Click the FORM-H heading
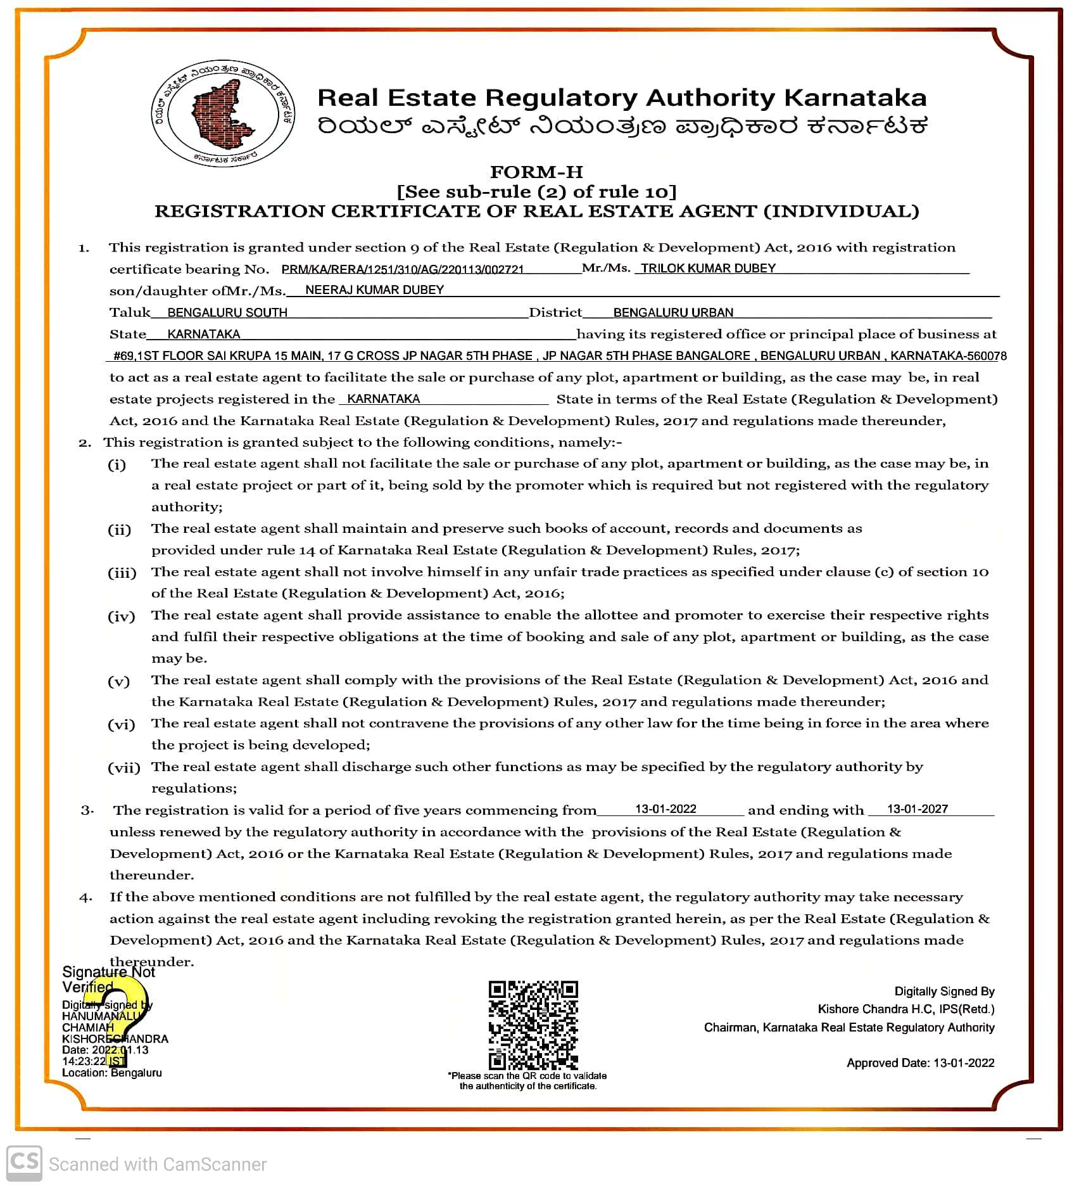pyautogui.click(x=536, y=172)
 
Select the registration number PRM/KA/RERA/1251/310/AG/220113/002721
pyautogui.click(x=403, y=269)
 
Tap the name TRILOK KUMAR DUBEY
pyautogui.click(x=708, y=268)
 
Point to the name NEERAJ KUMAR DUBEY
pyautogui.click(x=374, y=290)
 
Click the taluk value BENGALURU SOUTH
pyautogui.click(x=227, y=312)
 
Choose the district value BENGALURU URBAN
pyautogui.click(x=673, y=312)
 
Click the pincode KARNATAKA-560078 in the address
pyautogui.click(x=948, y=356)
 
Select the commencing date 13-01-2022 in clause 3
pyautogui.click(x=666, y=809)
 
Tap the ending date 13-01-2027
pyautogui.click(x=918, y=809)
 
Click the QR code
pyautogui.click(x=533, y=1025)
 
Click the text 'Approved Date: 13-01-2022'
pyautogui.click(x=920, y=1063)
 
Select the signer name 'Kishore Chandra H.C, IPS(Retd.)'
pyautogui.click(x=905, y=1009)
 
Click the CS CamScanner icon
pyautogui.click(x=24, y=1163)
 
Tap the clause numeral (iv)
pyautogui.click(x=122, y=616)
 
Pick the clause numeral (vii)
pyautogui.click(x=124, y=768)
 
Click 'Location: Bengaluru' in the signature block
pyautogui.click(x=112, y=1073)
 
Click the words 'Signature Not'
pyautogui.click(x=108, y=972)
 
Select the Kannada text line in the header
pyautogui.click(x=622, y=126)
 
